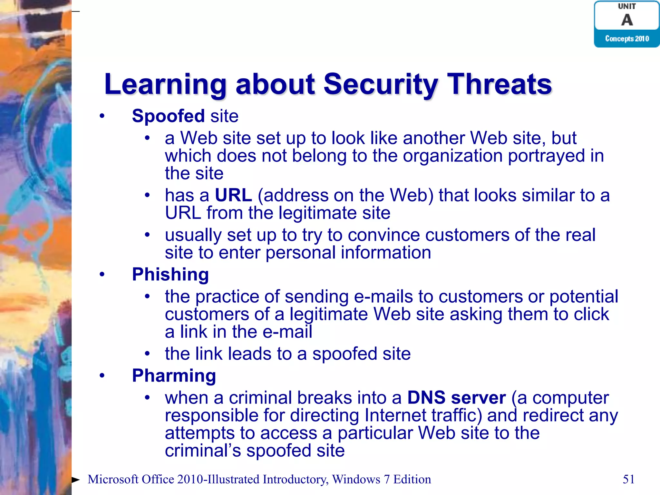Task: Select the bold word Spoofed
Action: (x=168, y=116)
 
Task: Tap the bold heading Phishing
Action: (x=170, y=275)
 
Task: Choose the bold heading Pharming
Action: (x=174, y=376)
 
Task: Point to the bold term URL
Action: (x=233, y=195)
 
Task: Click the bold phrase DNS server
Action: (x=456, y=398)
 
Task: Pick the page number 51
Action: (x=628, y=479)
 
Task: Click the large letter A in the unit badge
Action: (x=627, y=20)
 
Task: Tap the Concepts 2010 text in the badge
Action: (x=627, y=39)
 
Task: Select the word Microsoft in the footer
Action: (x=113, y=479)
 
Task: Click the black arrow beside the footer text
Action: (x=76, y=480)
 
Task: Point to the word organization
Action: (x=452, y=156)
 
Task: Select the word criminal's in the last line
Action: (x=203, y=451)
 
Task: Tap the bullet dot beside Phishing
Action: (x=102, y=275)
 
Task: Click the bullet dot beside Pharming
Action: (x=102, y=376)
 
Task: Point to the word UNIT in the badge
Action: (x=627, y=6)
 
